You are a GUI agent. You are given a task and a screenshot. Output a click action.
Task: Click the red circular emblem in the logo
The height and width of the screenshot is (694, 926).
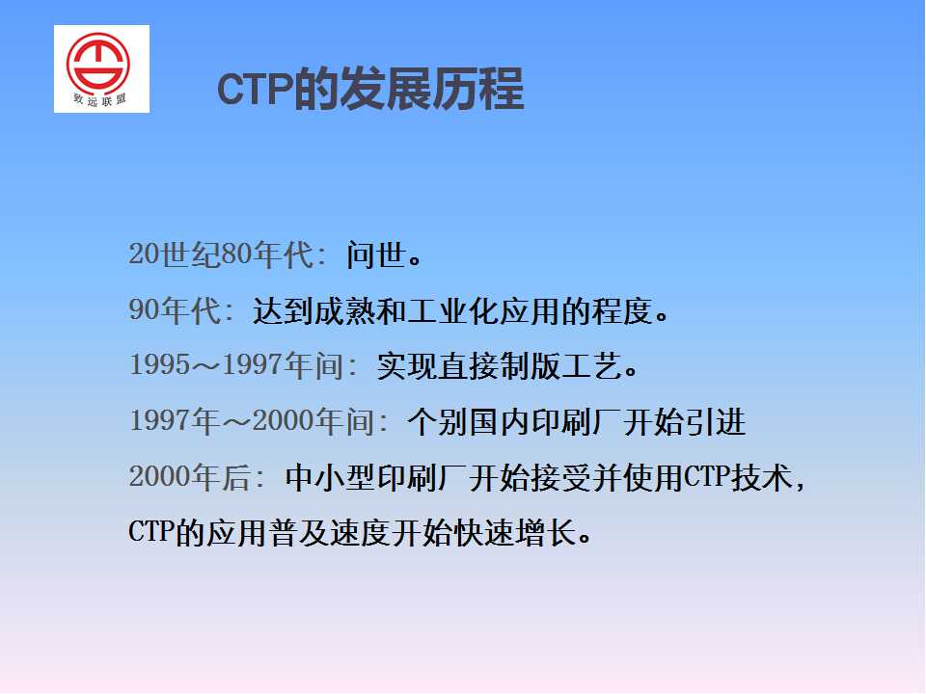(x=98, y=63)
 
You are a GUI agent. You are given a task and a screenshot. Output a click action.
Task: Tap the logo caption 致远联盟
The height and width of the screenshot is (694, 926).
(x=99, y=99)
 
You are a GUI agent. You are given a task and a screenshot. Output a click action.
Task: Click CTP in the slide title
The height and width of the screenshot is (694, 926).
(x=255, y=89)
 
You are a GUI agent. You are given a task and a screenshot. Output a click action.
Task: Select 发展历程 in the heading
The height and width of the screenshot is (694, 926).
(x=432, y=89)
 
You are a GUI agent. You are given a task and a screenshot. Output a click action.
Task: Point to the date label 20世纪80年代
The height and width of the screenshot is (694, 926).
(x=222, y=254)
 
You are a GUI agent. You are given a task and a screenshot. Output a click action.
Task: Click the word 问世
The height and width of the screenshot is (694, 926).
(x=376, y=254)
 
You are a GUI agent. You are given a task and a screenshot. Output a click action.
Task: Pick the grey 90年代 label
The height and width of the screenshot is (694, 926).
(x=176, y=309)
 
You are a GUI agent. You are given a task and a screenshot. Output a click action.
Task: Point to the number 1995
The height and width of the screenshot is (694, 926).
(x=159, y=364)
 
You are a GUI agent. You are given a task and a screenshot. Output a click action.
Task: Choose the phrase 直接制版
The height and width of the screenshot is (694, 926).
(x=499, y=366)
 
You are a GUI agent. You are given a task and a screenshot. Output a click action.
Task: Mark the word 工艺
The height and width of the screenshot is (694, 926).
(x=590, y=366)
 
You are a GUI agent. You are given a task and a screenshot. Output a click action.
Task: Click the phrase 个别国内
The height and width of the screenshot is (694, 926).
(x=469, y=421)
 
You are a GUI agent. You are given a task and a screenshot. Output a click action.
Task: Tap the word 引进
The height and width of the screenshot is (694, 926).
(x=715, y=421)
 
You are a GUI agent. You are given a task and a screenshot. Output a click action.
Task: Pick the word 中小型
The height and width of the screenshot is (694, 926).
(x=330, y=477)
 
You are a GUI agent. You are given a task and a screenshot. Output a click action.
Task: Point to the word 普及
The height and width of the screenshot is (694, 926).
(x=298, y=533)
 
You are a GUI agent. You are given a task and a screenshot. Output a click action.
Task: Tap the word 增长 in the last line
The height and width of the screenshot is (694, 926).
(x=546, y=533)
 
